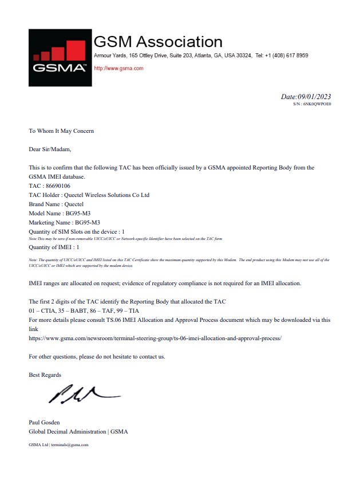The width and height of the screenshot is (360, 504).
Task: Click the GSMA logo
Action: tap(60, 58)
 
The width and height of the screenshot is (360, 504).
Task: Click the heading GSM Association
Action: tap(158, 42)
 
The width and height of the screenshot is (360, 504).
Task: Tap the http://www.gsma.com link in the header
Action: tap(118, 68)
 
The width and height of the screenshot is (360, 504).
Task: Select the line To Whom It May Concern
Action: tap(61, 131)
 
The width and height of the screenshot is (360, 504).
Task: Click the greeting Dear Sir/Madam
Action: tap(50, 149)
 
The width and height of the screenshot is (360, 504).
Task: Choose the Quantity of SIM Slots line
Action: tap(77, 231)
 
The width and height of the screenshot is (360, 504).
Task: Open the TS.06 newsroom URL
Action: tap(155, 338)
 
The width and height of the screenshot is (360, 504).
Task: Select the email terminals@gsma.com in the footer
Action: tap(69, 444)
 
